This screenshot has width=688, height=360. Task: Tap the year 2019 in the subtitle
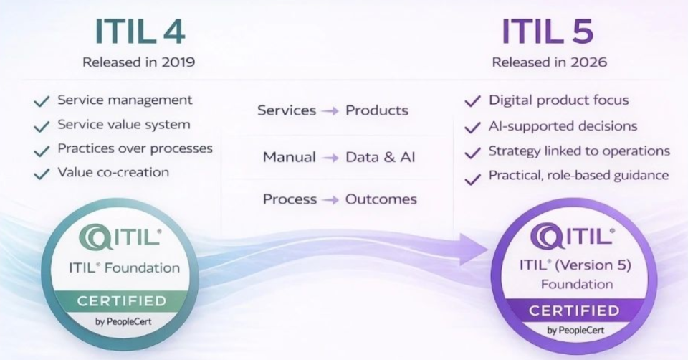(178, 62)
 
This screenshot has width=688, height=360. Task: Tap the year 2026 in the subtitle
(590, 62)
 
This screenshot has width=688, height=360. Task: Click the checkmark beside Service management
(42, 101)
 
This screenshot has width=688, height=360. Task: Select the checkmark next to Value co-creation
(42, 174)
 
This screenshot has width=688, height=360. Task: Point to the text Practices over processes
(135, 148)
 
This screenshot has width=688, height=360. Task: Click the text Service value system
(124, 125)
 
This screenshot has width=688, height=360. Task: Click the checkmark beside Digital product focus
(472, 101)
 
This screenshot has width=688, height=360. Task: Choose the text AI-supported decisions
(563, 126)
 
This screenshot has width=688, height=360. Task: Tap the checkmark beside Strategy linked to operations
(472, 153)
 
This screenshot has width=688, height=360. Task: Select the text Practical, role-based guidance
(578, 175)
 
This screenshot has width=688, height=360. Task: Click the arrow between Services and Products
(330, 110)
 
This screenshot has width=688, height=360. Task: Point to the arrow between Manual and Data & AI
(330, 157)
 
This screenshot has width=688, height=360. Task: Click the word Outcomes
(381, 199)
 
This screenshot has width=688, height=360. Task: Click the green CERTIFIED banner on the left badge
(122, 300)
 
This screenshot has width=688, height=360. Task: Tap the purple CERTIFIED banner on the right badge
(573, 311)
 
